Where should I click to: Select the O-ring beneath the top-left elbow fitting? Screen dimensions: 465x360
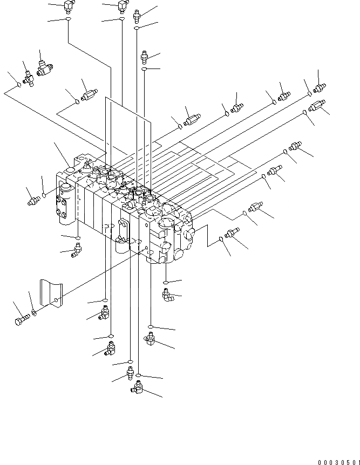pyautogui.click(x=68, y=19)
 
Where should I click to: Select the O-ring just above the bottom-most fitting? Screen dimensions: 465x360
pyautogui.click(x=139, y=374)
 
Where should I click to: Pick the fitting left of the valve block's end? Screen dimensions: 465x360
pyautogui.click(x=33, y=201)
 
